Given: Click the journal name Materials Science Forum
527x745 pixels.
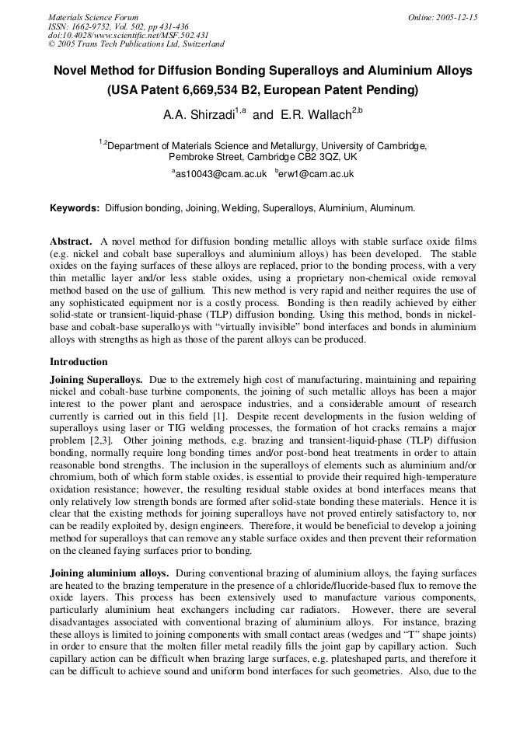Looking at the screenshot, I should click(93, 17).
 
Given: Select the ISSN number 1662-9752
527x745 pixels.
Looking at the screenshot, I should click(94, 26).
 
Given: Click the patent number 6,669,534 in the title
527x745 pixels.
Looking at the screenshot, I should click(217, 89).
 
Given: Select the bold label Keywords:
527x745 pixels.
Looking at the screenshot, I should click(75, 208).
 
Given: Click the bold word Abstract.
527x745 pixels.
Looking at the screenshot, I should click(71, 242).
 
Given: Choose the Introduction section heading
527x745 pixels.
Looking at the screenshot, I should click(79, 362).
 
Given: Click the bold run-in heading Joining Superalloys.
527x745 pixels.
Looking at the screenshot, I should click(96, 380).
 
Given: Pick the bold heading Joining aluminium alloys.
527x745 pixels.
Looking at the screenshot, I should click(108, 573).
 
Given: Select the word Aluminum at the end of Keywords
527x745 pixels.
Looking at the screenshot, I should click(392, 208).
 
